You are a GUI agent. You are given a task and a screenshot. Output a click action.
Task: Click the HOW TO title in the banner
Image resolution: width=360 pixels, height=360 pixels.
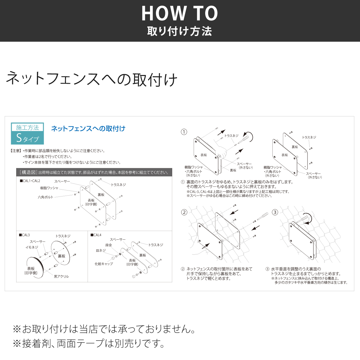(179, 13)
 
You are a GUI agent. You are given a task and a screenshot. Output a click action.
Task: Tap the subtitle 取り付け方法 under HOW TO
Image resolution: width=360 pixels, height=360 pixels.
(179, 31)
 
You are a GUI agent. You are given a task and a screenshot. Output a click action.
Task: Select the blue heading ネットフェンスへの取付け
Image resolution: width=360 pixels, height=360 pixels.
(88, 129)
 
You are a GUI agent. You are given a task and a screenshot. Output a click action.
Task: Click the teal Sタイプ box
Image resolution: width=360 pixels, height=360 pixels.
(27, 138)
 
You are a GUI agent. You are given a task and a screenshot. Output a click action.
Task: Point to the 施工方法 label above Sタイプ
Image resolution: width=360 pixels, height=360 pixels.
(27, 127)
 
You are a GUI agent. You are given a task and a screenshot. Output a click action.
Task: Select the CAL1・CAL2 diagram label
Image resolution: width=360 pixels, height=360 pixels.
(30, 181)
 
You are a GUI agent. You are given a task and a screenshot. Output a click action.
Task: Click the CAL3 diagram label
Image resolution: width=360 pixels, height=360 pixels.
(24, 235)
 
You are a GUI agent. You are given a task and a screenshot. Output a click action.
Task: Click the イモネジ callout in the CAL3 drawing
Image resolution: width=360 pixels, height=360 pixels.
(32, 247)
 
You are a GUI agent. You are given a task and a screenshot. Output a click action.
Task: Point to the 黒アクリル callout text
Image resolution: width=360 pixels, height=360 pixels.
(61, 276)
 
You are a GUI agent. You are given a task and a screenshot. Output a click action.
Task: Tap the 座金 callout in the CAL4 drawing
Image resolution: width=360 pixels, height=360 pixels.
(108, 245)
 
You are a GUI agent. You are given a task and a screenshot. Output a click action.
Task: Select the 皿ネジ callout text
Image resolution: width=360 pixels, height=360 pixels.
(101, 250)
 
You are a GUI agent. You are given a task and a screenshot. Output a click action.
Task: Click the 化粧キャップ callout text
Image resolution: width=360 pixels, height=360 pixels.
(104, 264)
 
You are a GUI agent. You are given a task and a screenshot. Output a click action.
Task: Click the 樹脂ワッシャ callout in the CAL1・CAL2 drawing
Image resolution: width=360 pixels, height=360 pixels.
(49, 188)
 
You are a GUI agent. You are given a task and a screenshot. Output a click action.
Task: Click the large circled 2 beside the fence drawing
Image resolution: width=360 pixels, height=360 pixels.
(184, 212)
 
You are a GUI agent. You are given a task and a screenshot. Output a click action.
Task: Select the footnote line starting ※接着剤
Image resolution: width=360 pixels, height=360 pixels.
(88, 343)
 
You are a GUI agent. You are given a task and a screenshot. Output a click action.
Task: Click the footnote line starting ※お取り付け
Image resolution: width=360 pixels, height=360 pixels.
(104, 329)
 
